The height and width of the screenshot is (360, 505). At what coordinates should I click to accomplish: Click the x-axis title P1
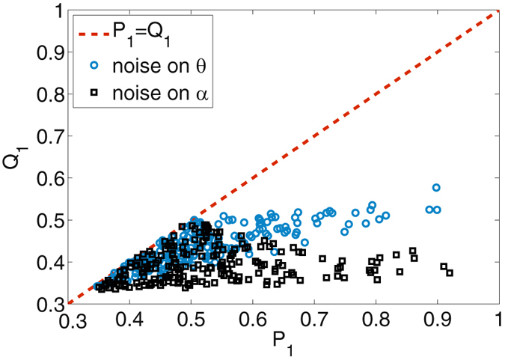283,347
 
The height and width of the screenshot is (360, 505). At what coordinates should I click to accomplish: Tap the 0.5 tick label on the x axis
191,321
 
